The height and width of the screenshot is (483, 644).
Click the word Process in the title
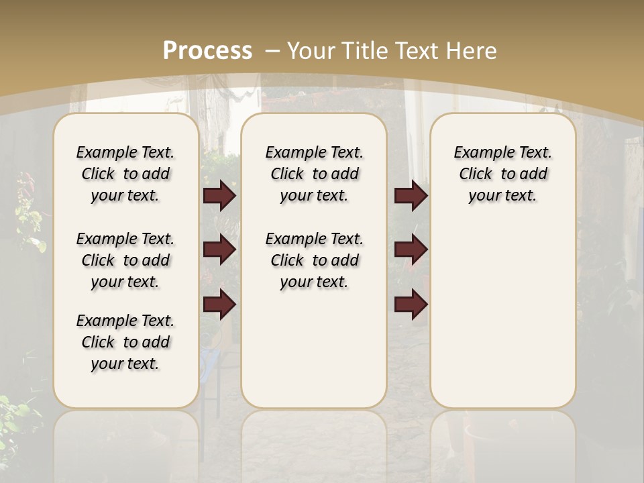coord(207,50)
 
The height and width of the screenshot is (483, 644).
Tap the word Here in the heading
coord(473,50)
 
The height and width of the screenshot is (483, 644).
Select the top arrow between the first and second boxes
coord(219,195)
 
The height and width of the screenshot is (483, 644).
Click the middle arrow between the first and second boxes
coord(219,250)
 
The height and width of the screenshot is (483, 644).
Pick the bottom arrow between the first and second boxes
coord(219,305)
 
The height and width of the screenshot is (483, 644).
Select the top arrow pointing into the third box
coord(411,195)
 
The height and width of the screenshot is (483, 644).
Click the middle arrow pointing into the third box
coord(411,250)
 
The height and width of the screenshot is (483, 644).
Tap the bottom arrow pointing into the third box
coord(411,305)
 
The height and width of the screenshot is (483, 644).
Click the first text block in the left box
coord(125,174)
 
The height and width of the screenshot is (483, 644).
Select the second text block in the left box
coord(125,260)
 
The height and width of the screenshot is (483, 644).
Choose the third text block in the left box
coord(125,342)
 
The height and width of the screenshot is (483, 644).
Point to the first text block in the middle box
coord(314,174)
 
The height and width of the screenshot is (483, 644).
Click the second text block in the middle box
coord(314,260)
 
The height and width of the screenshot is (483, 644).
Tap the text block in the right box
coord(502,174)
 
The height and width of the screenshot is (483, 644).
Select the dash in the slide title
coord(272,50)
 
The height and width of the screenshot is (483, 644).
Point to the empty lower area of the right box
coord(502,315)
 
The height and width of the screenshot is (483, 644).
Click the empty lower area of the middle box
coord(314,349)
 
